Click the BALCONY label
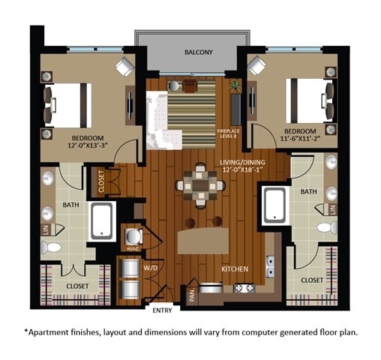point(199,52)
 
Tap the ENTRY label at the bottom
point(162,310)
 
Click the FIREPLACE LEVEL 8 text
point(228,134)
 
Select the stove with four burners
point(244,287)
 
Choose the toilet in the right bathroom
point(325,227)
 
